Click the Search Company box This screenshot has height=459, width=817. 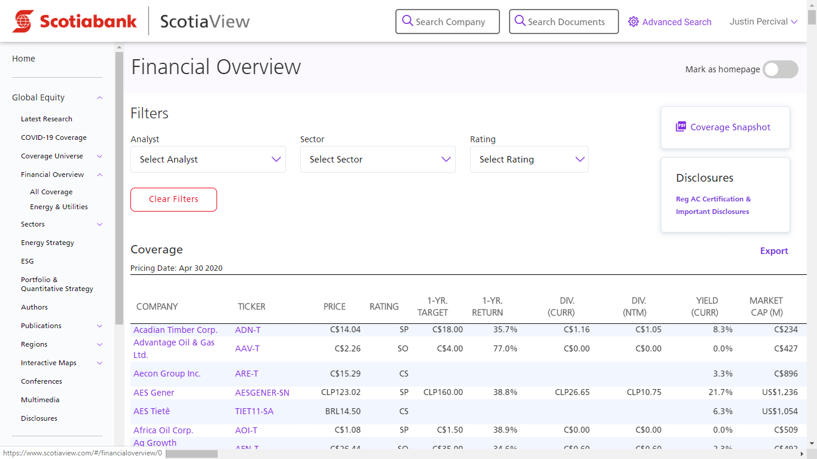tap(447, 22)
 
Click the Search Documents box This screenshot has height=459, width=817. tap(563, 22)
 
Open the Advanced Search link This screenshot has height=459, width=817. tap(670, 22)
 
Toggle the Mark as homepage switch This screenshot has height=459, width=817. tap(780, 69)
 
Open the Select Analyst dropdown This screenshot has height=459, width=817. tap(208, 160)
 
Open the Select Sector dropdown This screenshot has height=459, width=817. tap(377, 160)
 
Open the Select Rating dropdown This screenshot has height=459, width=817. tap(529, 160)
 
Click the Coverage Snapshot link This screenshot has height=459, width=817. tap(730, 127)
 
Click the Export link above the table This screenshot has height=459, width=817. tap(774, 251)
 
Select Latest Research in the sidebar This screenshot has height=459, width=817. tap(47, 119)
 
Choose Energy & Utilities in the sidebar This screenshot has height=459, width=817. tap(59, 207)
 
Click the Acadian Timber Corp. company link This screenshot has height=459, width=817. tap(175, 330)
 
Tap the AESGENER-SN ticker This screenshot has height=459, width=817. tap(262, 393)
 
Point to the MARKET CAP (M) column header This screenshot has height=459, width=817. tap(766, 307)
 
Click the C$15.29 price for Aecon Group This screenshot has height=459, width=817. tap(345, 374)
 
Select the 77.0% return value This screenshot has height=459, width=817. tap(505, 348)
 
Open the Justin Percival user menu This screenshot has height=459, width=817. tap(763, 22)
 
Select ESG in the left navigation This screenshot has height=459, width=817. tap(28, 261)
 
